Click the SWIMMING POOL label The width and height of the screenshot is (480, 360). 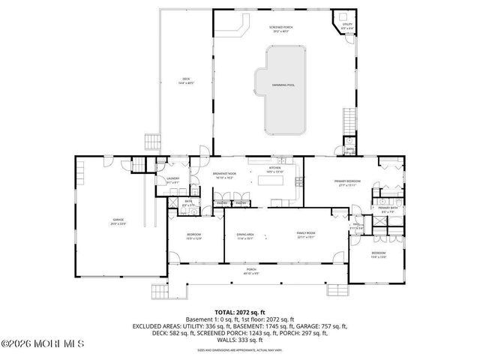click(283, 85)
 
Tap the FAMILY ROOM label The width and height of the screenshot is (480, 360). click(305, 234)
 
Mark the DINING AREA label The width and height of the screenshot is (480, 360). click(244, 234)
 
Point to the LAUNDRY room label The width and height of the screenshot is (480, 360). click(172, 178)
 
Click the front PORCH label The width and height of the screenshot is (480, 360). click(250, 272)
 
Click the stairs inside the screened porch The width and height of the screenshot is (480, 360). click(349, 120)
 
